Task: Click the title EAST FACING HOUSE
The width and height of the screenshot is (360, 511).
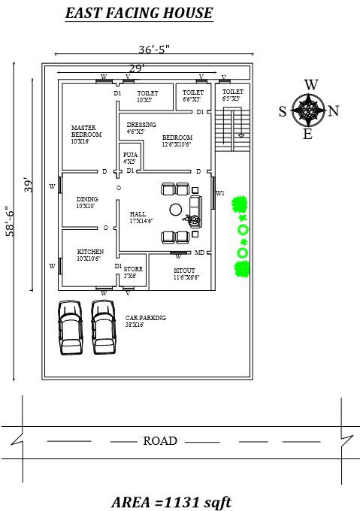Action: (138, 14)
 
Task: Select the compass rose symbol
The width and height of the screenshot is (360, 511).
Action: (308, 110)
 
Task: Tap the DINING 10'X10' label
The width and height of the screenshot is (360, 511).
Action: (87, 201)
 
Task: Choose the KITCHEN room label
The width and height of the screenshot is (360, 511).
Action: (90, 255)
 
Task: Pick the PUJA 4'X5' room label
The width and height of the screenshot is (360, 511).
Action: (129, 159)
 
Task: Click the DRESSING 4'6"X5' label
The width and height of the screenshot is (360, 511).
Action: (141, 128)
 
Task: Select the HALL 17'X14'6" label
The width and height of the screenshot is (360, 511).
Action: (141, 217)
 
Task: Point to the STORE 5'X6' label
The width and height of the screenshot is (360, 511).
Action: (133, 271)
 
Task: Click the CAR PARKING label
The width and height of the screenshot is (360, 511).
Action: (146, 321)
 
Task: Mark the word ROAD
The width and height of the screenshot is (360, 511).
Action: (160, 441)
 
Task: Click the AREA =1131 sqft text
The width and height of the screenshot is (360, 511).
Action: (177, 500)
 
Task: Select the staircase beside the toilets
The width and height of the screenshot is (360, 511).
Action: (232, 127)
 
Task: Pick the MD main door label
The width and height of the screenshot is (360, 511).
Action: (199, 252)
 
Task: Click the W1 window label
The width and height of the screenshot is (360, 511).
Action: (220, 193)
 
